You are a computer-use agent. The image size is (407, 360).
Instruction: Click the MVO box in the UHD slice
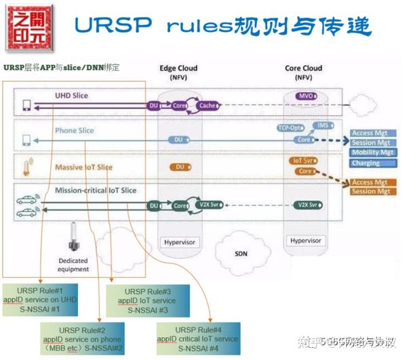[305, 97]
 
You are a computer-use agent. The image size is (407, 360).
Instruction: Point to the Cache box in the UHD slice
[206, 106]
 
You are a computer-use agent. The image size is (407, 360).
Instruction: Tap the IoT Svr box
[303, 161]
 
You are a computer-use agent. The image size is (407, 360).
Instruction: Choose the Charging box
[366, 163]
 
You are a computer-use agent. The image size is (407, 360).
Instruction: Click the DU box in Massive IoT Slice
[179, 167]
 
